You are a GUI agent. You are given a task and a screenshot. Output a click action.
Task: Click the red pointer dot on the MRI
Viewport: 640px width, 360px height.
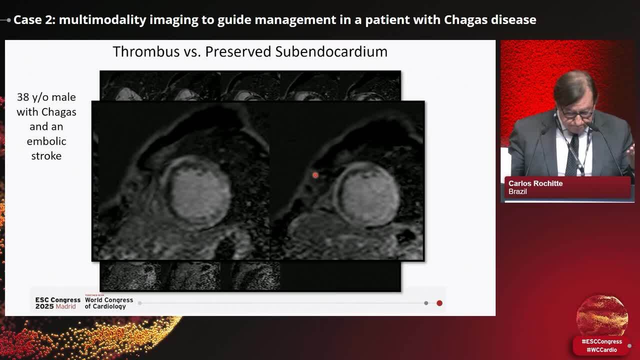315,174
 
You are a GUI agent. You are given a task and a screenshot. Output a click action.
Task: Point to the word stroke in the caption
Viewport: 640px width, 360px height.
46,155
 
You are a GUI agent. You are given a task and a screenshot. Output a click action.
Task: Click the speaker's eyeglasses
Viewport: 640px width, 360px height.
577,114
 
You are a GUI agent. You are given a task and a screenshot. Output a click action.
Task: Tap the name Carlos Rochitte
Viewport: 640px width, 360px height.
535,183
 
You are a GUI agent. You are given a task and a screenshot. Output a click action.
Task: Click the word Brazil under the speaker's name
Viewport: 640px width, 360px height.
517,191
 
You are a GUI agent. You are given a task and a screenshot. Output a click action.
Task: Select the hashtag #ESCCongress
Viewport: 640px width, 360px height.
601,341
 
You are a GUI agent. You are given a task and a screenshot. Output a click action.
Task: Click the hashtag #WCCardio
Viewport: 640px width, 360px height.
601,349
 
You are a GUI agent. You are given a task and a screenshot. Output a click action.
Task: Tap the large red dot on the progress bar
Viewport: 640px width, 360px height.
439,303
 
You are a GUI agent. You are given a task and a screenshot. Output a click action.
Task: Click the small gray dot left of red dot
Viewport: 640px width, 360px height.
426,303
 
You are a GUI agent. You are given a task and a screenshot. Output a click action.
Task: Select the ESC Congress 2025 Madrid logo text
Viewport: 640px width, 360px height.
57,303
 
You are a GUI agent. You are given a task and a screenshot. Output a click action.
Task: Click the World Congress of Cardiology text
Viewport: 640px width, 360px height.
108,303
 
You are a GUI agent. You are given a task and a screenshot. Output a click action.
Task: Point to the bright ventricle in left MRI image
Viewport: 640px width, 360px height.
198,192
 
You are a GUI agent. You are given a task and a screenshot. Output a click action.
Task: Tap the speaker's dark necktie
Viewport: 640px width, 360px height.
572,154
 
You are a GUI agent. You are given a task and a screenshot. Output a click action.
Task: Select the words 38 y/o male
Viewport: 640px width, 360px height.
46,97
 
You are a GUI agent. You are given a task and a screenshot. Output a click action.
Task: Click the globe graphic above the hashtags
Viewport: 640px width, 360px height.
601,316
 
